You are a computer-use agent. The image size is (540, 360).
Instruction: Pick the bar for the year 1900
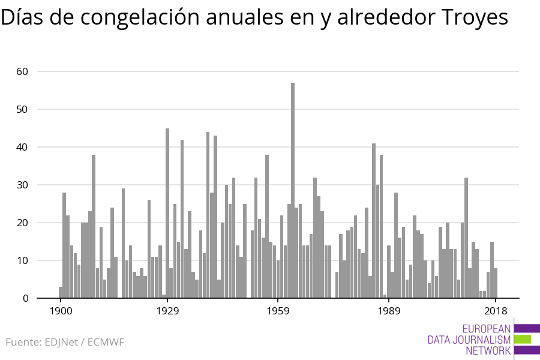(x=61, y=292)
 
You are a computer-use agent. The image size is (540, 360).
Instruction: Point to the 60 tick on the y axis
(x=22, y=71)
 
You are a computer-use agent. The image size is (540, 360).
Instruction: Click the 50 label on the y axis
(x=22, y=109)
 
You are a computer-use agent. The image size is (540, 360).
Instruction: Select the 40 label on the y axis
(x=22, y=147)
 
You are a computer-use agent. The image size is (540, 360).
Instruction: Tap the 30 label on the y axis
(x=22, y=185)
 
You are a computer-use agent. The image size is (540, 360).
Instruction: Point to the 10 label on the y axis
(x=22, y=260)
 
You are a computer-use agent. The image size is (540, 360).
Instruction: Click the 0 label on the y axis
(x=25, y=298)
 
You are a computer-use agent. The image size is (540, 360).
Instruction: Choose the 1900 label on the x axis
(x=61, y=311)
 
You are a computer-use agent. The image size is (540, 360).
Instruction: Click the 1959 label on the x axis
(x=278, y=311)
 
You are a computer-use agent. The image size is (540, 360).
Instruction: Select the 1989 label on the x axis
(x=389, y=311)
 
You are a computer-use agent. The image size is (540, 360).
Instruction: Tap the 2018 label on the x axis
(x=496, y=311)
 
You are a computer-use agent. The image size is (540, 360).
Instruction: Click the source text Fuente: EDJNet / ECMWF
(x=65, y=343)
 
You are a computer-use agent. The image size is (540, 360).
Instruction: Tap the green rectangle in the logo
(x=522, y=339)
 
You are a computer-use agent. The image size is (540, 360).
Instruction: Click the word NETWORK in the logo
(x=488, y=351)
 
